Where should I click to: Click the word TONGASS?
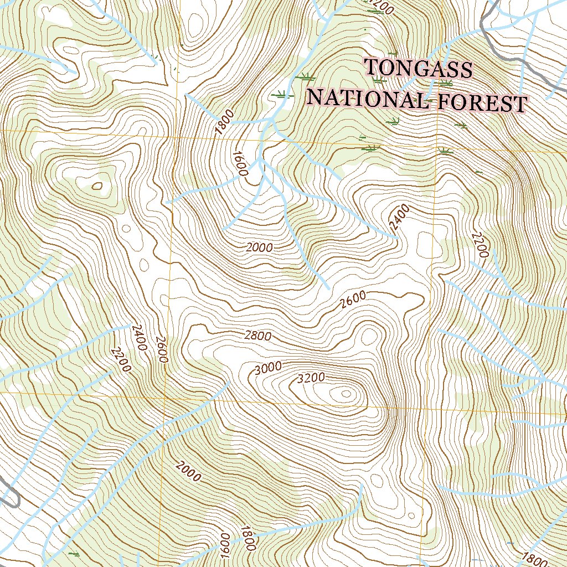pos(419,69)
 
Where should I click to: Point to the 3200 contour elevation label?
pos(311,379)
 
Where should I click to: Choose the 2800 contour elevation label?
pos(257,336)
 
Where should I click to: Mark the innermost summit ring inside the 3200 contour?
pos(347,394)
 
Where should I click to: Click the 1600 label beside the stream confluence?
pos(239,163)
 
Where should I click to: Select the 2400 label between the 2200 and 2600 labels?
pos(138,338)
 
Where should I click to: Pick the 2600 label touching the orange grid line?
pos(161,349)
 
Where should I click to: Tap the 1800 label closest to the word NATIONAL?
pos(225,122)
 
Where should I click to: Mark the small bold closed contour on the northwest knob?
pos(98,186)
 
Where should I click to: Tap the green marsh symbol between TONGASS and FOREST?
pos(444,84)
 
